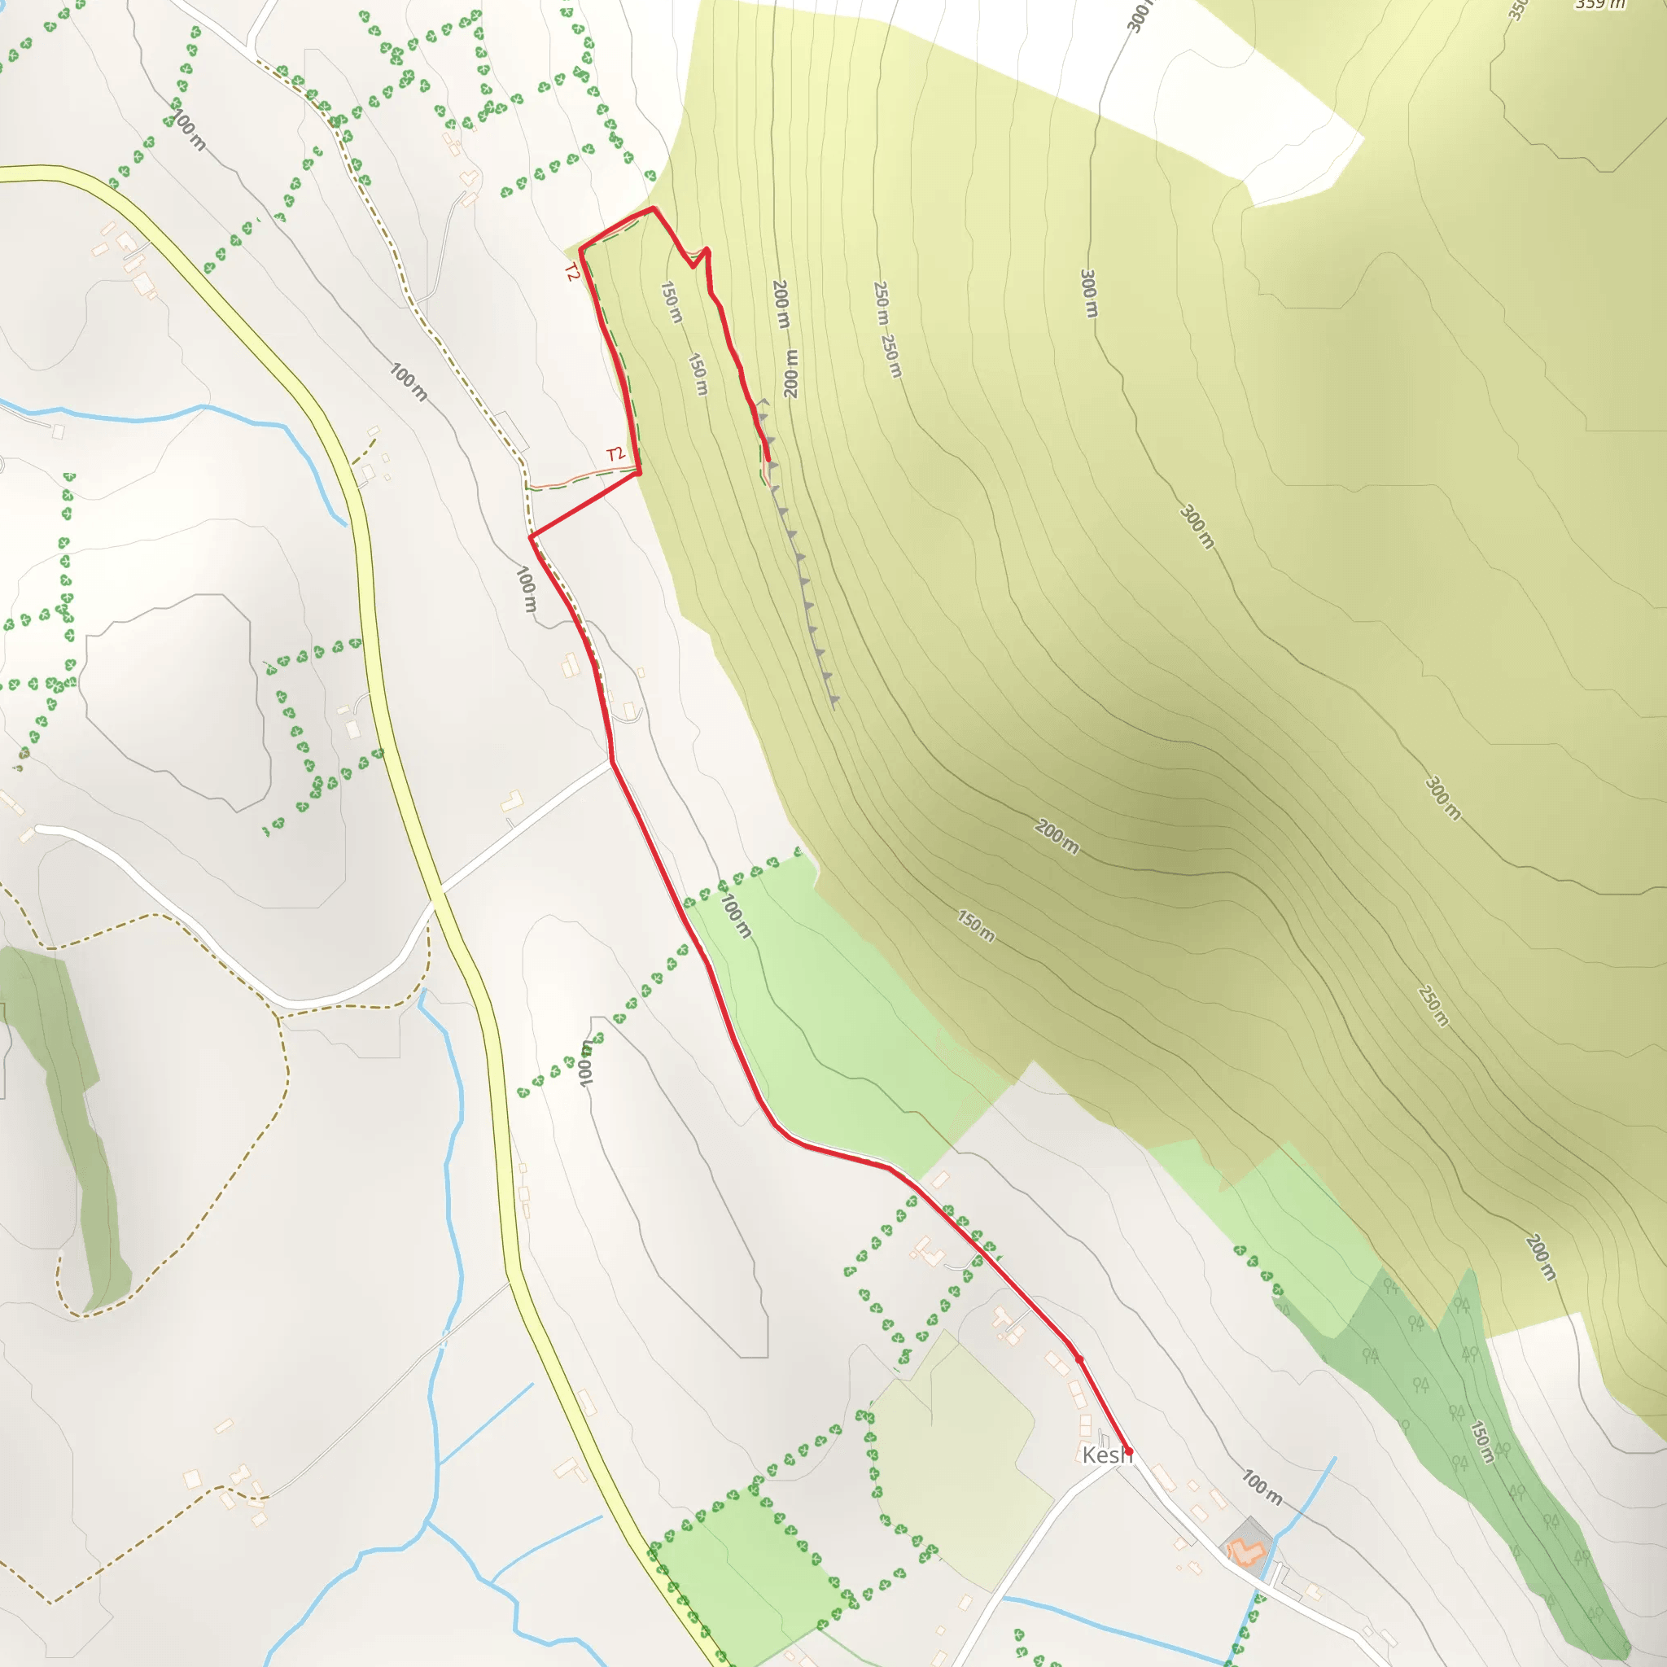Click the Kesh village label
click(x=1105, y=1455)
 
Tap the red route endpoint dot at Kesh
click(x=1127, y=1451)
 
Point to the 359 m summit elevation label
click(x=1599, y=4)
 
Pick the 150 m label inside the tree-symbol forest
click(x=1481, y=1441)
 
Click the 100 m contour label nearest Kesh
click(x=1262, y=1486)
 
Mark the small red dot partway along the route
click(x=1079, y=1359)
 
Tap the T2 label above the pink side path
click(x=615, y=454)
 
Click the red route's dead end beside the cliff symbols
click(x=768, y=460)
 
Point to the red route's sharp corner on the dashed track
click(x=531, y=537)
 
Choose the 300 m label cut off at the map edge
click(x=1139, y=15)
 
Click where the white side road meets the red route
click(x=612, y=762)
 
